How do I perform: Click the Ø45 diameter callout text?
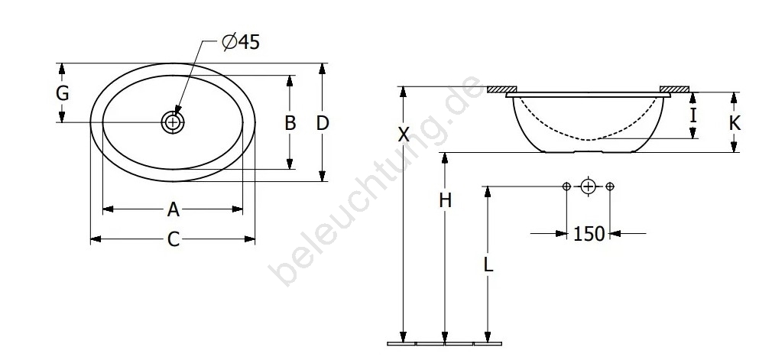click(x=241, y=42)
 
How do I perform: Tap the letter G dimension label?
click(x=63, y=93)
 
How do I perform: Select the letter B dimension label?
click(x=290, y=123)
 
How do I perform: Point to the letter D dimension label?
click(x=323, y=123)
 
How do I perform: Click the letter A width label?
click(x=174, y=209)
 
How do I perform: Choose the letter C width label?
click(x=174, y=239)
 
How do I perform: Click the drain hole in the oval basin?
click(x=173, y=122)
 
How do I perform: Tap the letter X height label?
click(x=404, y=134)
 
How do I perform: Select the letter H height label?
click(x=446, y=199)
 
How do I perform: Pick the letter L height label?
click(x=488, y=264)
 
